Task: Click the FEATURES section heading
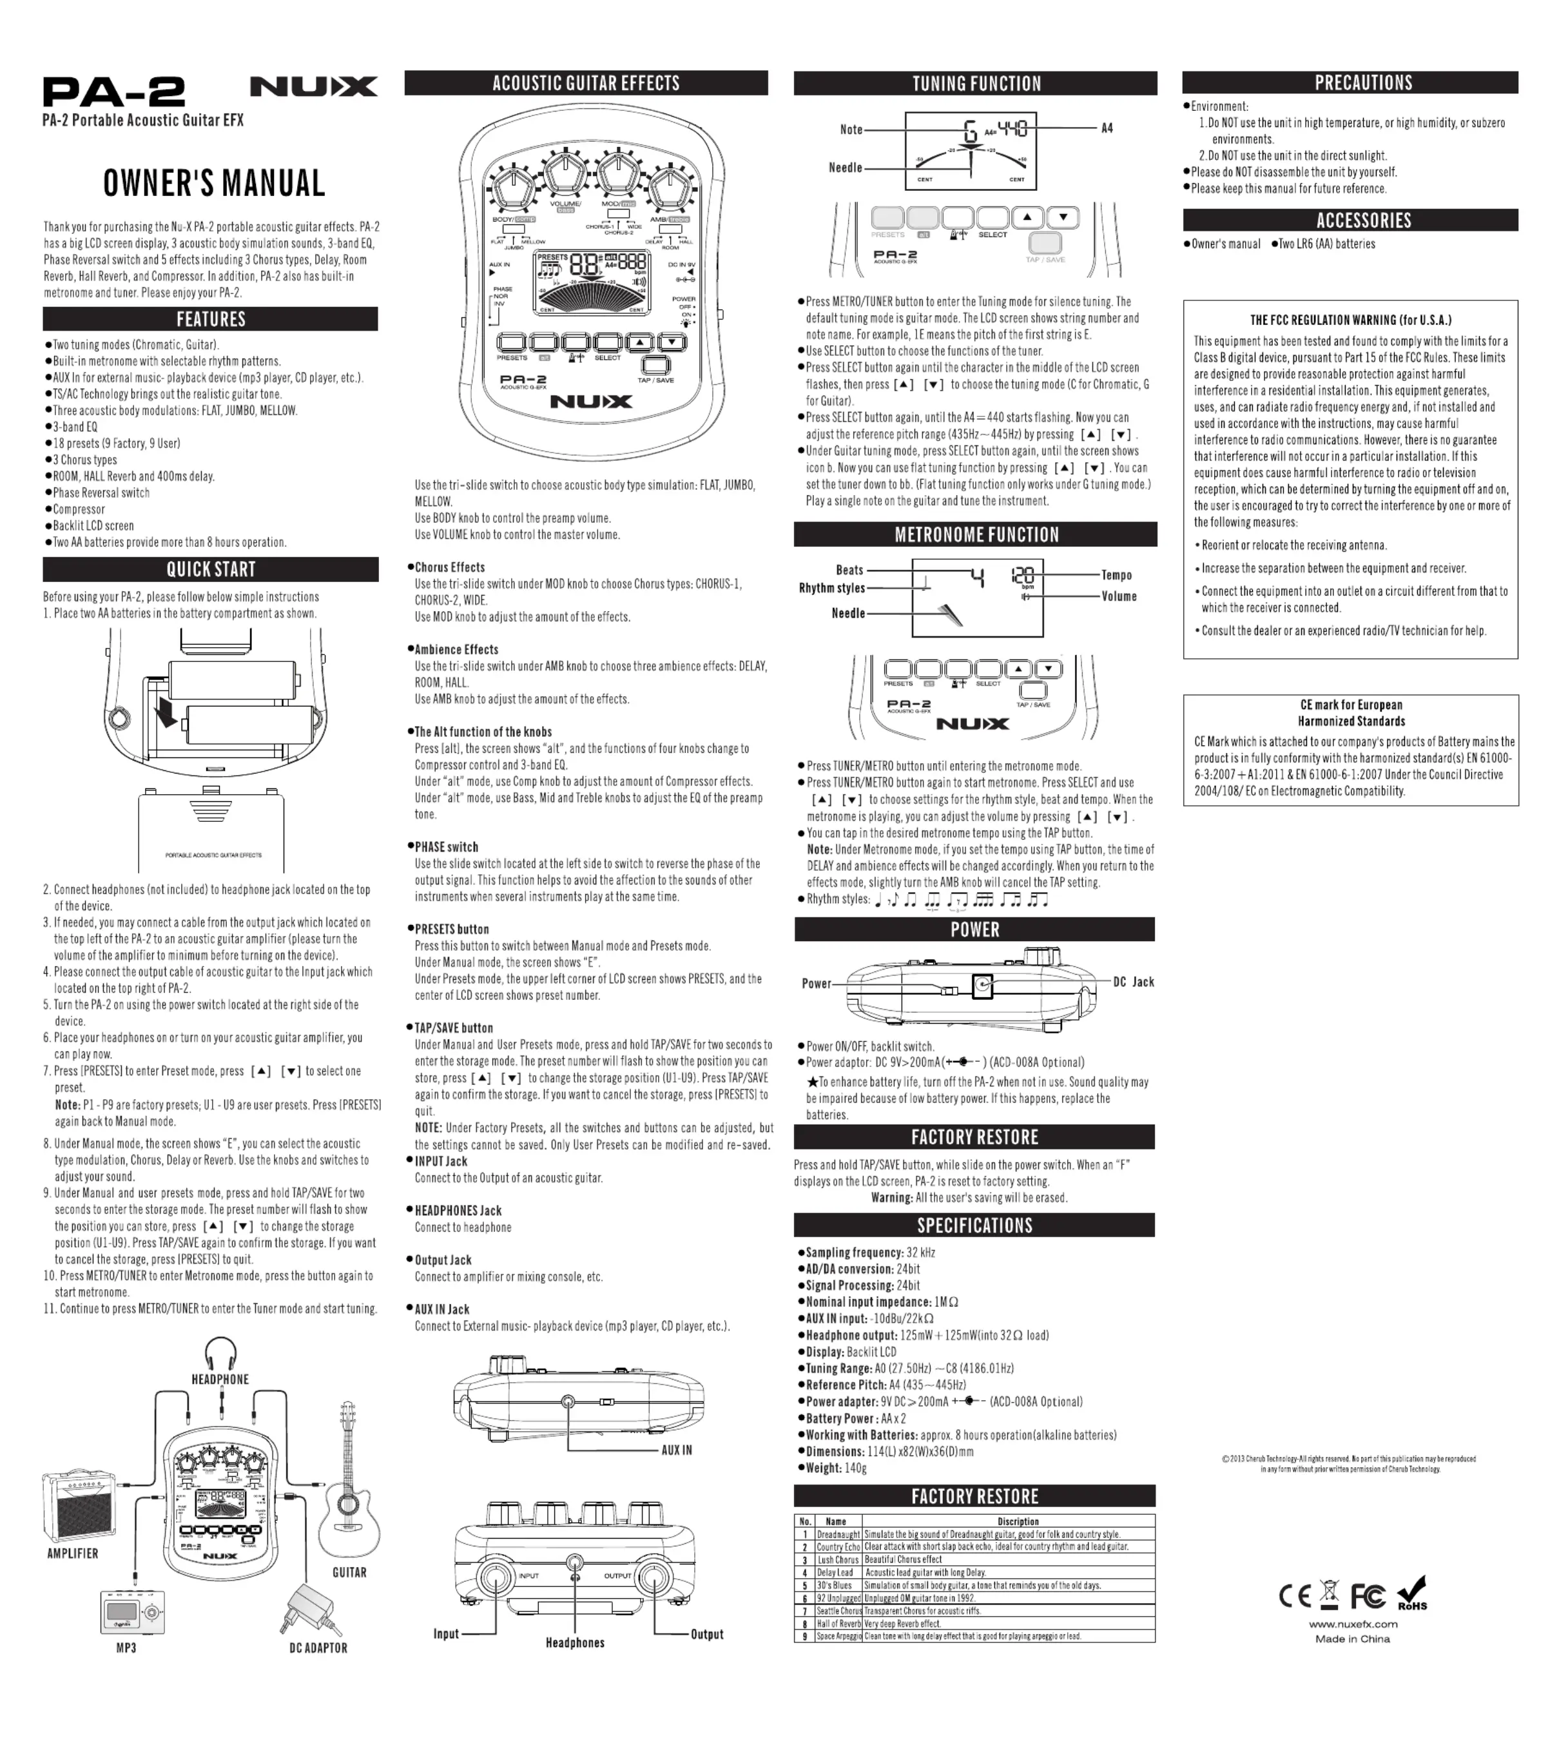[210, 319]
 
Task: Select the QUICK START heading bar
[210, 569]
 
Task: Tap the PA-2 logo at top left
[114, 92]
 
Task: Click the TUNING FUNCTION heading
[976, 83]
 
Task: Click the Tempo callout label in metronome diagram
[1116, 575]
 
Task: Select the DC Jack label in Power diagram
[1134, 982]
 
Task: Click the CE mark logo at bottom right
[1295, 1596]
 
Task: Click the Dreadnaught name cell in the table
[837, 1534]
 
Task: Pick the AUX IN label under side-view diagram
[676, 1450]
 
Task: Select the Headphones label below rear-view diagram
[575, 1642]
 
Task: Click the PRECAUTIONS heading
[1362, 83]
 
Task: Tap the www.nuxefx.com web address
[1352, 1624]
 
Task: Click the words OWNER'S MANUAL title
[213, 184]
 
